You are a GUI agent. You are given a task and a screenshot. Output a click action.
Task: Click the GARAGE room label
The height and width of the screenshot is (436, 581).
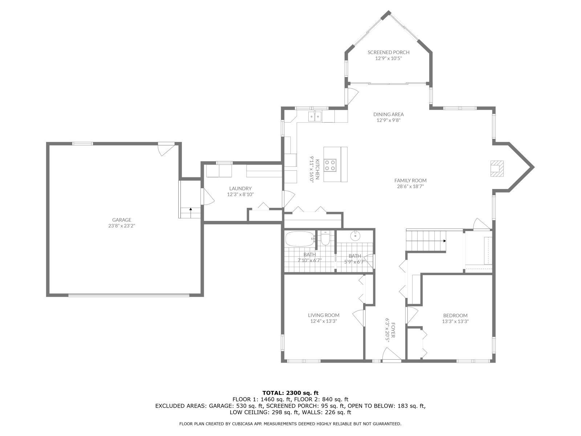[x=121, y=220]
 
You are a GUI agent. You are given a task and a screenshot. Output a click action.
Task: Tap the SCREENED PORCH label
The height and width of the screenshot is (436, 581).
[x=388, y=52]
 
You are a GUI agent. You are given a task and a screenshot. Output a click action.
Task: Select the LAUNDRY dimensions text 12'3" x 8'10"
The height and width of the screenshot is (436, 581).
[x=240, y=194]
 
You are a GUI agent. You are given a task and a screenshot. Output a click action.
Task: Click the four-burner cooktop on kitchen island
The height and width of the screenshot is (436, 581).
[x=330, y=165]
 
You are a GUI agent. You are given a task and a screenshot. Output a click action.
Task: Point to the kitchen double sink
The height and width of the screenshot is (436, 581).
[x=315, y=116]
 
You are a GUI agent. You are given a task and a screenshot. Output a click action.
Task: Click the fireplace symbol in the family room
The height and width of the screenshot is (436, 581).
[x=497, y=168]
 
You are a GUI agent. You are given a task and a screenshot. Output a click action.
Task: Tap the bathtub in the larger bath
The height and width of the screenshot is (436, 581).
[x=300, y=239]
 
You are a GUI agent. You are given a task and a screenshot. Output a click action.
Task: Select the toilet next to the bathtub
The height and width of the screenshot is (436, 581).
[x=325, y=239]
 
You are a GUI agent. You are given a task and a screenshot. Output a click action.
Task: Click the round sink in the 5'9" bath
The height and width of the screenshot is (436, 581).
[x=355, y=237]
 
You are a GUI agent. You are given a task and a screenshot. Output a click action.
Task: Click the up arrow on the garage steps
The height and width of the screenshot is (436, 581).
[x=190, y=210]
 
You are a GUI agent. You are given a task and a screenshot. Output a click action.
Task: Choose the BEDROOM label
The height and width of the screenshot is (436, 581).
[x=455, y=315]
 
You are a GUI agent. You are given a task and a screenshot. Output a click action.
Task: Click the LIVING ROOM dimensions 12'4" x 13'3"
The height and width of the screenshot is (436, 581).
[x=324, y=321]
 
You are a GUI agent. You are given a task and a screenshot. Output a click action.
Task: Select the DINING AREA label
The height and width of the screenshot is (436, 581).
[x=388, y=114]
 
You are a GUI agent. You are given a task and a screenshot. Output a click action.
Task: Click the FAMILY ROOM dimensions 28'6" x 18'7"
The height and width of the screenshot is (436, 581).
[x=410, y=186]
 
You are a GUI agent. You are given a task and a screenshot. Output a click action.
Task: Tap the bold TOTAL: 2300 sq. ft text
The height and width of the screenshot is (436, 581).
[x=290, y=393]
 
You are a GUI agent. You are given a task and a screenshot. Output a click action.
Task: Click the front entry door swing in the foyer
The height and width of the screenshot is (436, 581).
[x=390, y=354]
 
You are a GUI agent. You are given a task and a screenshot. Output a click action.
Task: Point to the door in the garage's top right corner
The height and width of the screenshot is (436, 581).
[x=166, y=149]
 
